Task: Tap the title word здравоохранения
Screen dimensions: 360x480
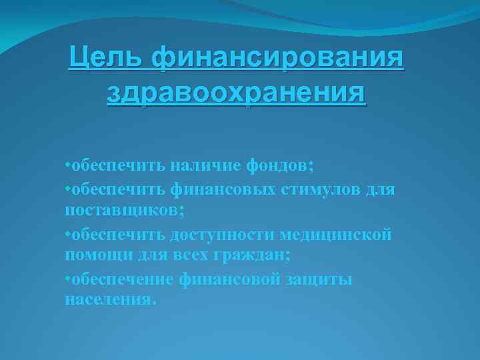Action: (236, 93)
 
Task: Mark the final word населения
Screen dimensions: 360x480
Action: (109, 301)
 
